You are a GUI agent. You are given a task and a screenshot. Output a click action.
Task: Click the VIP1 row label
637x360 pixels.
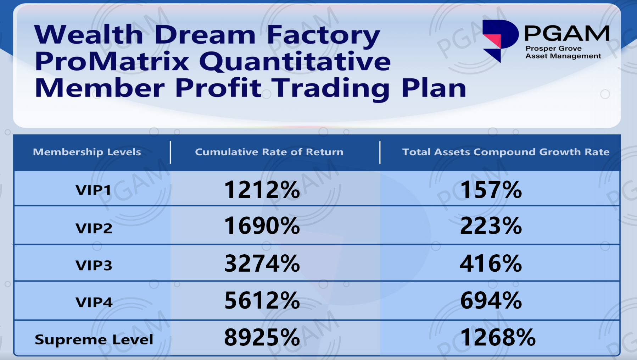(x=94, y=190)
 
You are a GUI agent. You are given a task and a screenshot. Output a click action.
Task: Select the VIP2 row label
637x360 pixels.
(x=94, y=228)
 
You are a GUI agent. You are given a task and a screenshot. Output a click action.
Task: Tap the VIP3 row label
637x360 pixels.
(x=94, y=265)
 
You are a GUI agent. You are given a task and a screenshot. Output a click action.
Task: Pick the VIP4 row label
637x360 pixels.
(x=94, y=302)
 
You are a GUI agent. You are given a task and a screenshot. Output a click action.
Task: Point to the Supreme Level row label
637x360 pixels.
(x=94, y=339)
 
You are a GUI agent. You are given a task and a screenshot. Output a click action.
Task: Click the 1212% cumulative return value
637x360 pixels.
(x=262, y=190)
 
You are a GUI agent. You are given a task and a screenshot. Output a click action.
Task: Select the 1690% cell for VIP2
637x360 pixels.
(x=262, y=226)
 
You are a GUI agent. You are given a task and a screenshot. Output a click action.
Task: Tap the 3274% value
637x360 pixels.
(x=262, y=264)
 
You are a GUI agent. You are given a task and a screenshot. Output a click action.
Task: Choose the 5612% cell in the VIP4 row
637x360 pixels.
(x=262, y=300)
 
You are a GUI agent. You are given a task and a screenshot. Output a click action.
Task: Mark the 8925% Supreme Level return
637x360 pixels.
(x=262, y=337)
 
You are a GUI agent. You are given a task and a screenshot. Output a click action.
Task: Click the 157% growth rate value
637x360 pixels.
(x=491, y=190)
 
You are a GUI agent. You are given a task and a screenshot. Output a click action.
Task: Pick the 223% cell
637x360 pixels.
(x=491, y=226)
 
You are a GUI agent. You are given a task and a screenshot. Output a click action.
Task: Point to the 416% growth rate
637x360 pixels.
(x=491, y=264)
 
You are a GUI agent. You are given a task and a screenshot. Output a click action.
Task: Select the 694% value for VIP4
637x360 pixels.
(x=491, y=300)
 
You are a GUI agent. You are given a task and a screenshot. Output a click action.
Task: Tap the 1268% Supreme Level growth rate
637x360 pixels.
(x=498, y=337)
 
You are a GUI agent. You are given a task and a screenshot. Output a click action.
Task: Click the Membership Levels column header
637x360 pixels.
(x=87, y=152)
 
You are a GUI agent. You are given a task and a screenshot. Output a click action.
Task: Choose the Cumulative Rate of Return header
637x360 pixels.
(x=269, y=152)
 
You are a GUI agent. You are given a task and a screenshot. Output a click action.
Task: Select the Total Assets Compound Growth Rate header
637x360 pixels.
(x=506, y=152)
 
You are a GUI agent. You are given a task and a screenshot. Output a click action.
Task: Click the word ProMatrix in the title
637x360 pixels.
(x=112, y=61)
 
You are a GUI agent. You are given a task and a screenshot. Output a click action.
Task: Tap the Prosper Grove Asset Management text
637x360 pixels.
(x=563, y=52)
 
